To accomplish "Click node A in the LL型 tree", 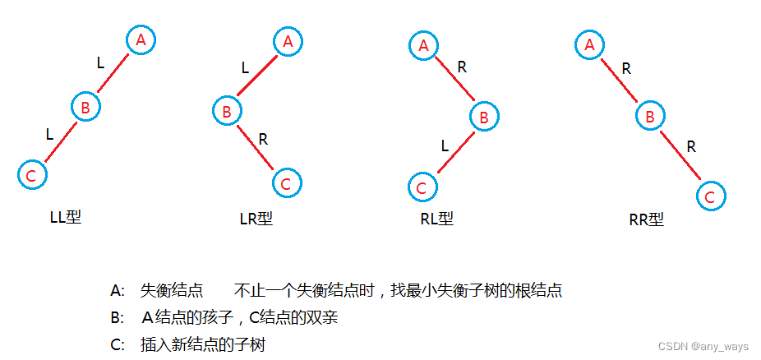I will coord(141,39).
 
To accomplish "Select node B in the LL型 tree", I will coord(85,106).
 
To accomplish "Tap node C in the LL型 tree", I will coord(31,175).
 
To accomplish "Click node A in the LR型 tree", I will coord(288,40).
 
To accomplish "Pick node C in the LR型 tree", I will coord(286,183).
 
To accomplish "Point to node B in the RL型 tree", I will coord(484,118).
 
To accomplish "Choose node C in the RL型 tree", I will coord(422,187).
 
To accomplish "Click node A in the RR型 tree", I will coord(588,45).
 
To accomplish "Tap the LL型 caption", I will coord(66,218).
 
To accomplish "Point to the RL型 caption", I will coord(436,219).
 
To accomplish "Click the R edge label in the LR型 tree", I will coord(263,139).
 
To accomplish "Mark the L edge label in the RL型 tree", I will coord(445,146).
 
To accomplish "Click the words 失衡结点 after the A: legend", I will coord(172,290).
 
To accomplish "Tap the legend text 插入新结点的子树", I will coord(203,345).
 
